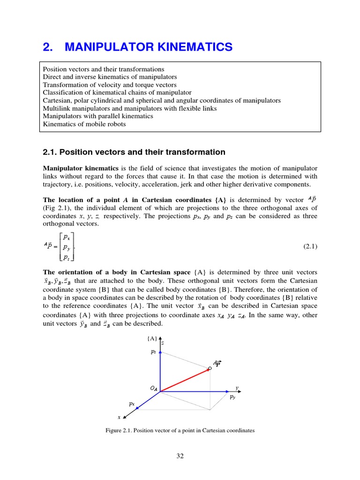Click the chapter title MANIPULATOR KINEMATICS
click(148, 47)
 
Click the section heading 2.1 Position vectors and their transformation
click(134, 152)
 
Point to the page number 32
click(180, 456)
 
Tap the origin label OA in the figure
click(154, 389)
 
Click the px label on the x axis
click(132, 403)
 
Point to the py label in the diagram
click(232, 397)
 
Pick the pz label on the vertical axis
click(153, 351)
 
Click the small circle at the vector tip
click(210, 368)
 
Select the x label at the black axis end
click(119, 417)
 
